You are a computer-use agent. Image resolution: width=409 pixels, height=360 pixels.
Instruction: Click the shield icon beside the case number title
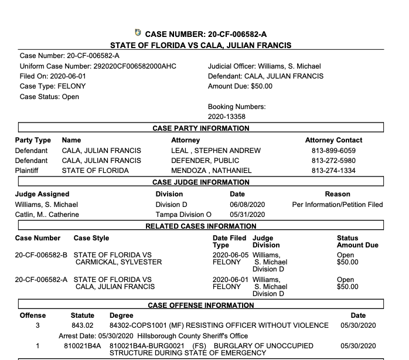(x=138, y=33)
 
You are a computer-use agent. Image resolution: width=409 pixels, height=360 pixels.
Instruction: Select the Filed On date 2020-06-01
(x=69, y=76)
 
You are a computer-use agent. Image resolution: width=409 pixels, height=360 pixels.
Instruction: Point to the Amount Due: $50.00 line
(x=240, y=86)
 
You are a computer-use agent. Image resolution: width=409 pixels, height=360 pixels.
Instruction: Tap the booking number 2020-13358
(x=226, y=117)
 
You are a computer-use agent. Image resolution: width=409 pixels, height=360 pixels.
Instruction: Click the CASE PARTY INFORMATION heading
(x=200, y=128)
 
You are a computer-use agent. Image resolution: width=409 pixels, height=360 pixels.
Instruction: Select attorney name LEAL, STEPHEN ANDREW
(x=216, y=151)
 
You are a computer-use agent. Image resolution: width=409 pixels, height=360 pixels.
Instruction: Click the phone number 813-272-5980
(x=333, y=161)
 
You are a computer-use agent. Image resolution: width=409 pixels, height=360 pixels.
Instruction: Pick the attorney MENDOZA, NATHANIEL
(x=211, y=171)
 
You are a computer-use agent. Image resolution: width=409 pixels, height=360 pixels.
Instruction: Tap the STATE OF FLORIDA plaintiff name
(x=95, y=171)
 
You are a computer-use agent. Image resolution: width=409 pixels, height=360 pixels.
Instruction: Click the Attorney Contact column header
(x=333, y=140)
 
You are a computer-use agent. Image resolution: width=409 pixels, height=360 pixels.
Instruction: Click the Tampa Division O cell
(x=183, y=215)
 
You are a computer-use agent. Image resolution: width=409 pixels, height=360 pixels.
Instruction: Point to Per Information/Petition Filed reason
(x=337, y=205)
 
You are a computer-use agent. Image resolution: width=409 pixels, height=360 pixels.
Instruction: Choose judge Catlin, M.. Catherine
(x=47, y=215)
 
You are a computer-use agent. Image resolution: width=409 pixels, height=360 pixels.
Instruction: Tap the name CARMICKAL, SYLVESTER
(x=118, y=262)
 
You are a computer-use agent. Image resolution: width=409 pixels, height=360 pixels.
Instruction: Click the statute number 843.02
(x=82, y=325)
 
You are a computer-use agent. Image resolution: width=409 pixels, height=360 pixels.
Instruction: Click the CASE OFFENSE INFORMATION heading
(x=200, y=305)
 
